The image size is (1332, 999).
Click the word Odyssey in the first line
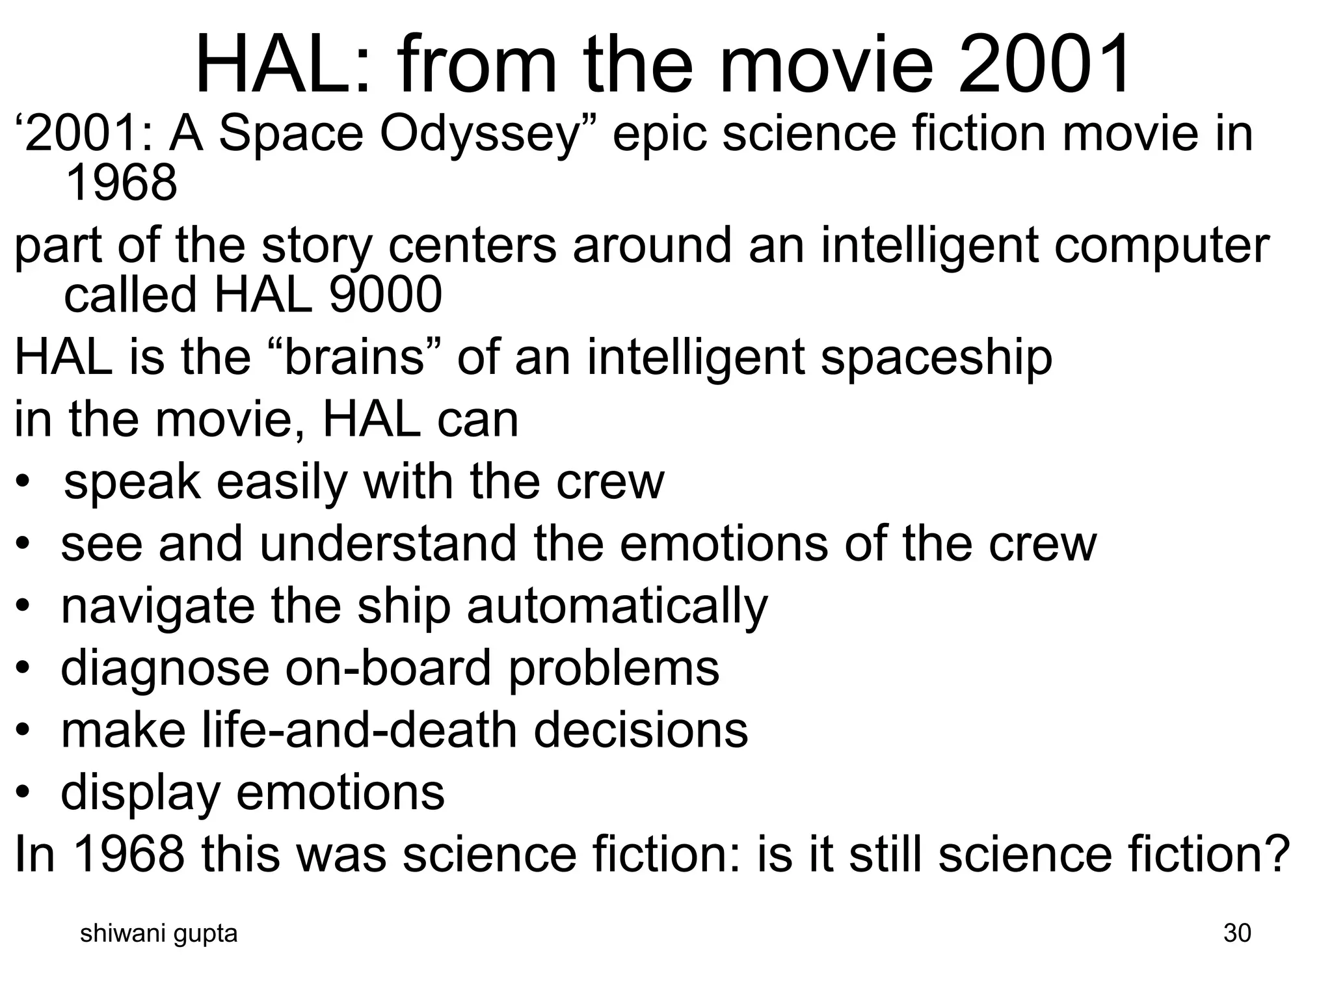[479, 135]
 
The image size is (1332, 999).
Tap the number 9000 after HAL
[385, 295]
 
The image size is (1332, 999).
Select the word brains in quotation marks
[355, 357]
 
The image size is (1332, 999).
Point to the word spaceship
[936, 358]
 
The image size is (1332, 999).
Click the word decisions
[641, 730]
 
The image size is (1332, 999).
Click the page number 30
[1237, 933]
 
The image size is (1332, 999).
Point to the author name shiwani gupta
[158, 934]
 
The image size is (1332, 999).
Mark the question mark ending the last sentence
[1275, 854]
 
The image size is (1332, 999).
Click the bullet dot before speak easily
[24, 483]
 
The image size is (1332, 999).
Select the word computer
[1162, 246]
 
